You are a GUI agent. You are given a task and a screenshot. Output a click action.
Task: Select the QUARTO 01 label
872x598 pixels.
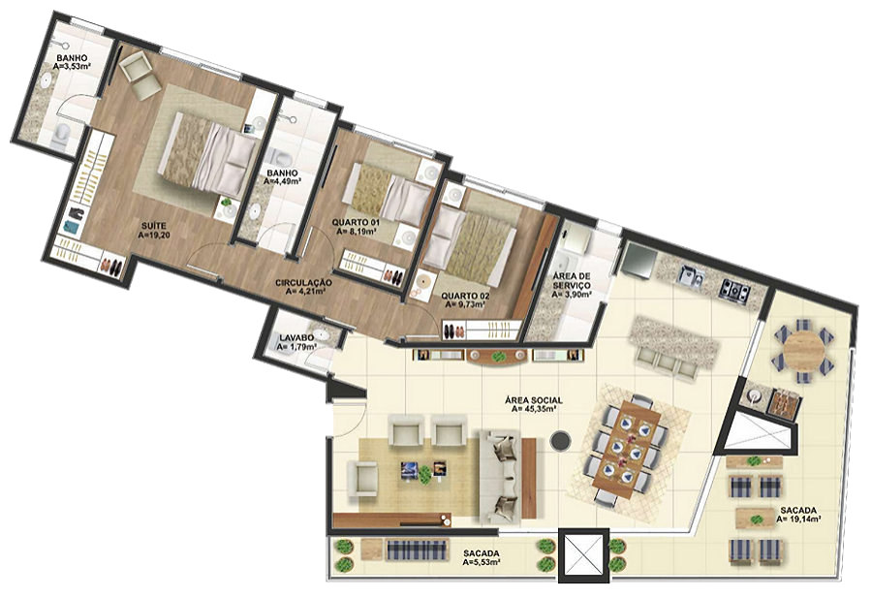point(356,223)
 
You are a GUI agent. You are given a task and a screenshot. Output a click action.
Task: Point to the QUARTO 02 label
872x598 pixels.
point(465,296)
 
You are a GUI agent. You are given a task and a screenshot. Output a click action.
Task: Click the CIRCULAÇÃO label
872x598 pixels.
point(303,283)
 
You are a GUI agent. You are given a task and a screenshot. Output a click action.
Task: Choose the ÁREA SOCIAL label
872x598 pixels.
point(534,400)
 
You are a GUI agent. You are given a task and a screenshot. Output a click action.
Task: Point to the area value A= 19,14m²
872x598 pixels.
point(799,519)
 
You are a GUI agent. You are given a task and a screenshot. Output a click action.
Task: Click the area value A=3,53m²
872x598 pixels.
point(72,67)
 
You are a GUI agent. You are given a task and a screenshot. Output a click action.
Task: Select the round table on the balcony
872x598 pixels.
point(803,351)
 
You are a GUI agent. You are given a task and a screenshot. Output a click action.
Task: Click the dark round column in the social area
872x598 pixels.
point(560,442)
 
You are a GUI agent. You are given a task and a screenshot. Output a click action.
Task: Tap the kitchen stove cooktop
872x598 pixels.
point(735,289)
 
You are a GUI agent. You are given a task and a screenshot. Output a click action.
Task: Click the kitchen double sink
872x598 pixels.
point(691,275)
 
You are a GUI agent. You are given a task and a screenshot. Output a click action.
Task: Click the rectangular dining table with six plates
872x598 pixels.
point(627,448)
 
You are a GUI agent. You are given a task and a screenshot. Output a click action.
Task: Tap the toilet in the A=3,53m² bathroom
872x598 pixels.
point(62,135)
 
